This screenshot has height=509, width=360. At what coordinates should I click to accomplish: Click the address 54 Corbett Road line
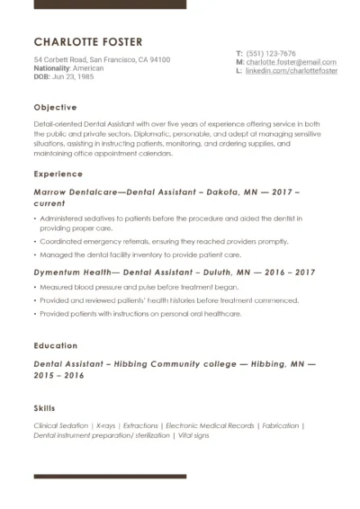click(x=102, y=59)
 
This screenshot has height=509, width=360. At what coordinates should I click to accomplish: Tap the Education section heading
click(x=55, y=345)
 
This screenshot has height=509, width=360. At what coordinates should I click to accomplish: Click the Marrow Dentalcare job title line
click(x=166, y=192)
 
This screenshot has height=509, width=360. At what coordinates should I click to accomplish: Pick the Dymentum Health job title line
click(x=174, y=272)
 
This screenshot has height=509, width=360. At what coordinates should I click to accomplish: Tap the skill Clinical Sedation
click(x=61, y=425)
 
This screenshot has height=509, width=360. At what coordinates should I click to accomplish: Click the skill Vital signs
click(x=193, y=435)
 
